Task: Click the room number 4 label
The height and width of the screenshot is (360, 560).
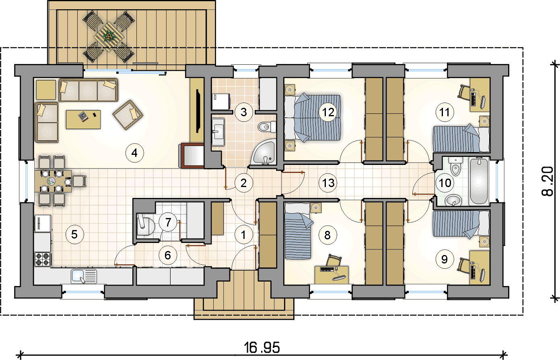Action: [x=134, y=153]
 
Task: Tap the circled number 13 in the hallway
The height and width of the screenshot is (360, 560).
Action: [x=328, y=183]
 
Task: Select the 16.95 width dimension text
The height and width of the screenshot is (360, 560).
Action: [x=262, y=348]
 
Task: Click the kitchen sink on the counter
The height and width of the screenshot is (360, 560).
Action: [x=84, y=276]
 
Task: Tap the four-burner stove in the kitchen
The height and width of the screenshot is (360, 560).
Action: [x=43, y=259]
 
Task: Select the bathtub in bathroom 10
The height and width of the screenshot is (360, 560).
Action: [x=479, y=181]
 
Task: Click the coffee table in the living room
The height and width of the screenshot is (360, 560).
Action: [x=83, y=119]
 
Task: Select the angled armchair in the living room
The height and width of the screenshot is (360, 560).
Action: [x=128, y=115]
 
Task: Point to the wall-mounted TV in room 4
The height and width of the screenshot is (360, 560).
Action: [x=198, y=111]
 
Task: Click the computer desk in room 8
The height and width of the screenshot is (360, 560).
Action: [x=331, y=275]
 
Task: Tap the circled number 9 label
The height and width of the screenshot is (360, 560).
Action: [x=444, y=259]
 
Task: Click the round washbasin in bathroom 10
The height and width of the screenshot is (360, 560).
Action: [x=453, y=200]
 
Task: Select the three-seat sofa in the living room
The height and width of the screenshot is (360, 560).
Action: [x=89, y=90]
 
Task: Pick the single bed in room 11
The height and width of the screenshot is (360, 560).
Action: [x=461, y=139]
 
